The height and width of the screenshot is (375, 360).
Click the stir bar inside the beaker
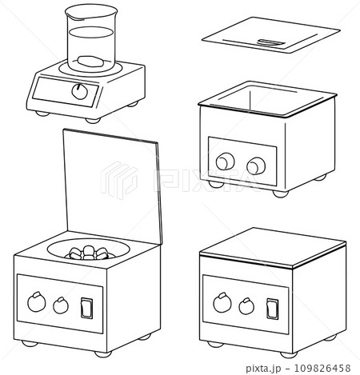coord(90,62)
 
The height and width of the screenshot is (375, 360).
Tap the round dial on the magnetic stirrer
coord(79,91)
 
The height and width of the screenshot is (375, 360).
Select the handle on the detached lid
coord(270,42)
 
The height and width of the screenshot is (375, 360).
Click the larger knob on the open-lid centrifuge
coord(37,301)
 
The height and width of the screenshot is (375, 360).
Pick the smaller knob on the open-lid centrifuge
coord(61,305)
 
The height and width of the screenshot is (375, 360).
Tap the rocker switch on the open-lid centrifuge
coord(87,308)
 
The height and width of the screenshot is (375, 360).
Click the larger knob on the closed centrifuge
coord(222,302)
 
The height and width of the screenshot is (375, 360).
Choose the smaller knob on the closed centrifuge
coord(246,306)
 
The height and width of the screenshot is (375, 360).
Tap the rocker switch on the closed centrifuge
coord(273,309)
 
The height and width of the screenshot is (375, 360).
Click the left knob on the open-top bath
coord(226,162)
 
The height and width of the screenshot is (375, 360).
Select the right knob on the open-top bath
coord(256,166)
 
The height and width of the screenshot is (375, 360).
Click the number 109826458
coord(322,368)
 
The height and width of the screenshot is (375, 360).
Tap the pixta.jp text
coord(263,369)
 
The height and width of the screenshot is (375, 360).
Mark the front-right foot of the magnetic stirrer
coord(93,121)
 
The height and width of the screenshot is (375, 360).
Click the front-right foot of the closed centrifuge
coord(289,355)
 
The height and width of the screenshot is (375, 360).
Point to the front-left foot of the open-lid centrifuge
coord(30,344)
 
